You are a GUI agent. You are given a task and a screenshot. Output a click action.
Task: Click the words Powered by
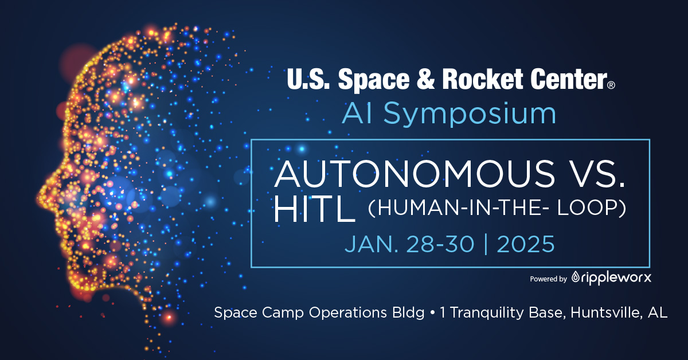tap(548, 279)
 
